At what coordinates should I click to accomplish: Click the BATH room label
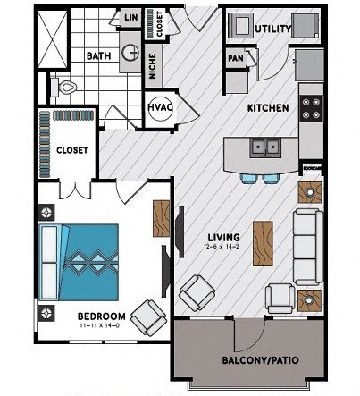coord(97,55)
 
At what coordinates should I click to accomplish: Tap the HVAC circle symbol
coord(160,107)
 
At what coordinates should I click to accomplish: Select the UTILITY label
coord(272,29)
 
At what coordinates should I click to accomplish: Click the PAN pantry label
coord(236,58)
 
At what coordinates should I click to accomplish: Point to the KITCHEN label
coord(268,108)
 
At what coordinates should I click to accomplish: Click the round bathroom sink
coord(130,53)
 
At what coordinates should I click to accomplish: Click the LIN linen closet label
coord(130,17)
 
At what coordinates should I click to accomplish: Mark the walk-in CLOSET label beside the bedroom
coord(71,150)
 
